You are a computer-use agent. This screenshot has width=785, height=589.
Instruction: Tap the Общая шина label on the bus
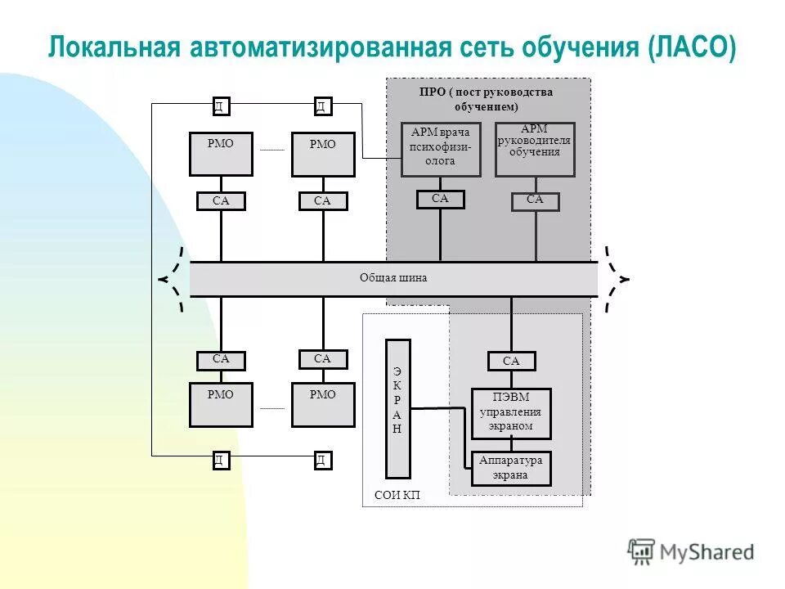393,278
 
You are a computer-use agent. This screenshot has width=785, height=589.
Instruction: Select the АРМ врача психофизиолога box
441,150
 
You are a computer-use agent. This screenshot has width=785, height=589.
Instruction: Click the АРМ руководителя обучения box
535,150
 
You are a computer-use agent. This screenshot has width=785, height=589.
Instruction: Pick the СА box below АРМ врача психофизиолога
440,199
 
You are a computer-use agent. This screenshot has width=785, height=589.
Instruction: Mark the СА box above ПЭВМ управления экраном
511,361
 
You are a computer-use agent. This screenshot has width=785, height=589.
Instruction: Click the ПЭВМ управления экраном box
511,413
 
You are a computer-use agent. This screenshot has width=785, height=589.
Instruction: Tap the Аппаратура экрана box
511,468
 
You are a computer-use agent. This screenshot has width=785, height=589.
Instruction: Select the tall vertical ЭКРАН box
397,407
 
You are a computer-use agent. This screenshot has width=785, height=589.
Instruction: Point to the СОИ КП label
397,496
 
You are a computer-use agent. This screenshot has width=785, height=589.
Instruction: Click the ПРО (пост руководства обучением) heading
487,99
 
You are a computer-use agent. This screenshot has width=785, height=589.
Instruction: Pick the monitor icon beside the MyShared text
642,551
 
